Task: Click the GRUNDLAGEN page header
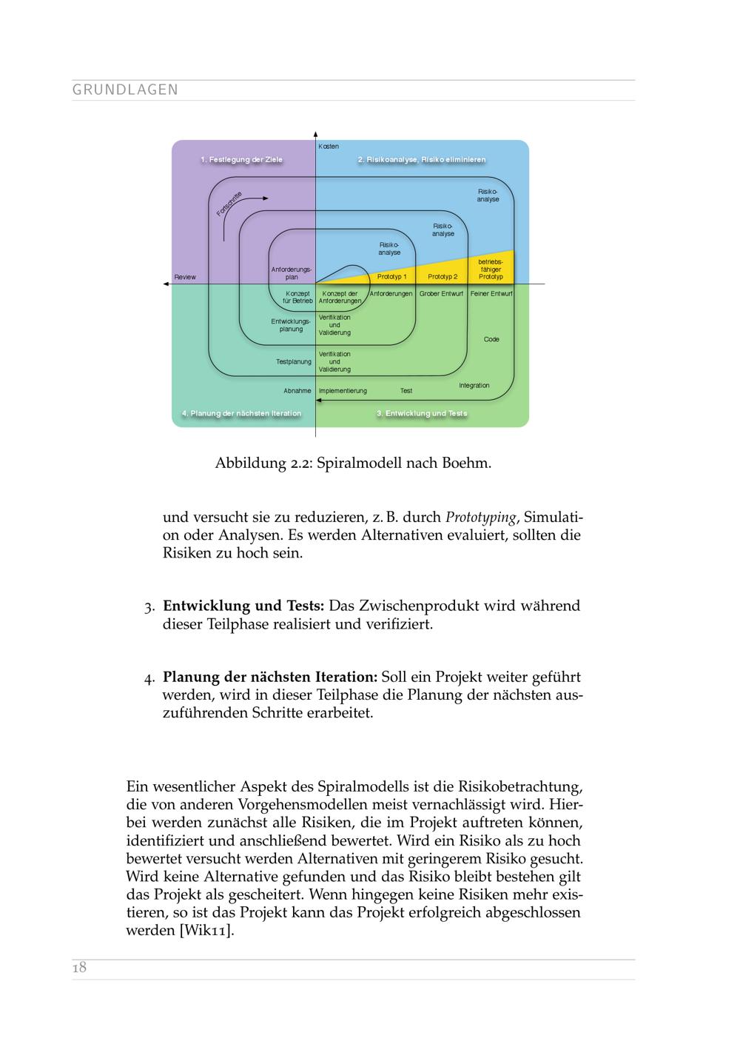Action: (125, 90)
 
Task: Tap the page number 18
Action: (79, 967)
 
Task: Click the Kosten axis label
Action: (329, 147)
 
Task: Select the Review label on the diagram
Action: (185, 277)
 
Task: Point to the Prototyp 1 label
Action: (391, 277)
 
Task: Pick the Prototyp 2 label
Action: (443, 277)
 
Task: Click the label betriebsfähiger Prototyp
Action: (491, 270)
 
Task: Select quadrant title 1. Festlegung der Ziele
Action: (241, 160)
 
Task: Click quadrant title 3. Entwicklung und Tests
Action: (422, 413)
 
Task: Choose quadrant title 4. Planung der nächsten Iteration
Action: (241, 413)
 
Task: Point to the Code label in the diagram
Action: (491, 339)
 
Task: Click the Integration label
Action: (474, 385)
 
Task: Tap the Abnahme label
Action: (297, 390)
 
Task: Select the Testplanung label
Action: (294, 362)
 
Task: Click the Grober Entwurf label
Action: (441, 294)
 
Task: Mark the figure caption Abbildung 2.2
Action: (353, 464)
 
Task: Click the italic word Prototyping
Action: (480, 517)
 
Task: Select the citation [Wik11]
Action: (206, 931)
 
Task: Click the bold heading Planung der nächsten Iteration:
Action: (270, 677)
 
